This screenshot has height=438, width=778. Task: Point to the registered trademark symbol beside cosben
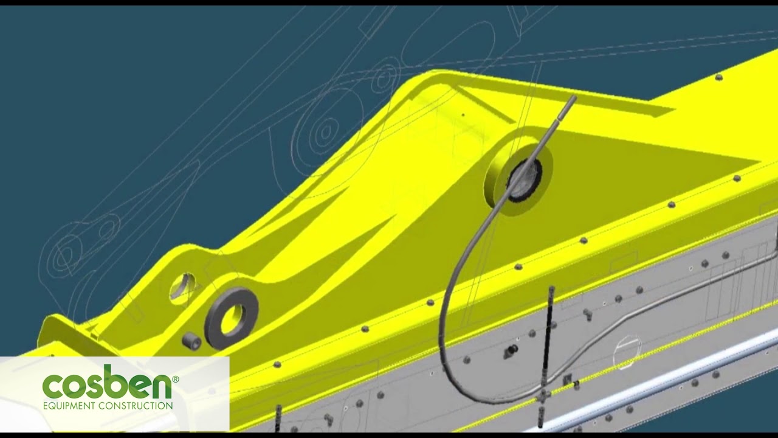(x=176, y=379)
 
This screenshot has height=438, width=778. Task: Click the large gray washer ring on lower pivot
(x=231, y=318)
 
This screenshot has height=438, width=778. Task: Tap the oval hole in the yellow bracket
(x=183, y=287)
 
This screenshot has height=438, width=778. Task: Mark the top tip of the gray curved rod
(x=573, y=99)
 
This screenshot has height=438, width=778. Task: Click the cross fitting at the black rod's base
(x=542, y=395)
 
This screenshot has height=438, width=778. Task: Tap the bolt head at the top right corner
(x=718, y=77)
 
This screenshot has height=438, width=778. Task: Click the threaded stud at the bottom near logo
(x=278, y=416)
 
